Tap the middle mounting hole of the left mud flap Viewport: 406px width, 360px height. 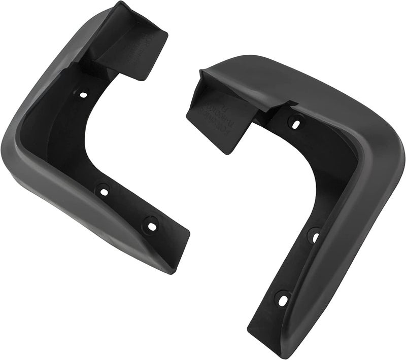(104, 191)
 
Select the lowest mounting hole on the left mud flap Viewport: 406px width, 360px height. (151, 225)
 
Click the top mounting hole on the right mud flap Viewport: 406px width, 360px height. (296, 122)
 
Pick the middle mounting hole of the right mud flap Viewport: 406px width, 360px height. (314, 236)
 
